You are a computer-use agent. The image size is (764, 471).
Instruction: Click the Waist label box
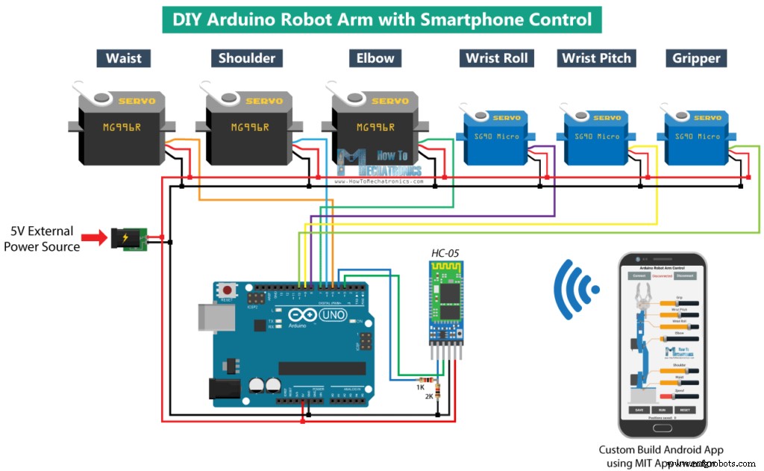(123, 58)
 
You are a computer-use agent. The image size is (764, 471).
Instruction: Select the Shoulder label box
(247, 58)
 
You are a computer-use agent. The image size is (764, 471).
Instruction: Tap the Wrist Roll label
(496, 58)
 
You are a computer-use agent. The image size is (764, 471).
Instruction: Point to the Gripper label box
(696, 58)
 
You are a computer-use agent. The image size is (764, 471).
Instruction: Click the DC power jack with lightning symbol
(127, 239)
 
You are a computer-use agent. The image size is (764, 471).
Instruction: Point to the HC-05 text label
(446, 253)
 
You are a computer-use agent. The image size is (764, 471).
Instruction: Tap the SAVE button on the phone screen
(639, 410)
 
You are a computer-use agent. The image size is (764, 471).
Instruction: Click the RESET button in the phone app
(685, 410)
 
